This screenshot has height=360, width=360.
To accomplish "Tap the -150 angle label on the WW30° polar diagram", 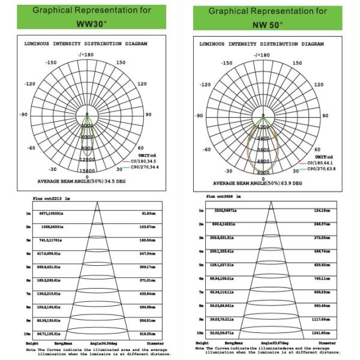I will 51,62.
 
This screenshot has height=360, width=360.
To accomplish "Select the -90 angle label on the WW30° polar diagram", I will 24,115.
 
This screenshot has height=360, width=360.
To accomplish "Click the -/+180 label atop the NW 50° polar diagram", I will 262,55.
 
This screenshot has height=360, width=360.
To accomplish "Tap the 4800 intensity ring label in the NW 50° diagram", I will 263,161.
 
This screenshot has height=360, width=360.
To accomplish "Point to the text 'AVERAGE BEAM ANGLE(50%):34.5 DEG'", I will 88,181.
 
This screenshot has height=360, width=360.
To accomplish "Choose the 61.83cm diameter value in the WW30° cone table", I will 148,213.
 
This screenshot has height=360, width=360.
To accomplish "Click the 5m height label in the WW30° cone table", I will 28,265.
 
